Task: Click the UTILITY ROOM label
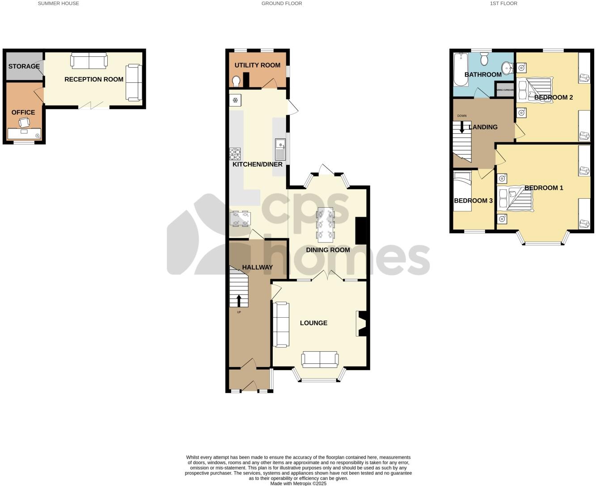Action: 258,65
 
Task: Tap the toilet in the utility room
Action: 237,81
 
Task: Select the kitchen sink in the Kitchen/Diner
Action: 280,149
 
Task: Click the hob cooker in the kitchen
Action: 235,154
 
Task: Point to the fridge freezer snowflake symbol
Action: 235,100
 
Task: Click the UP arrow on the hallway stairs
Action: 239,300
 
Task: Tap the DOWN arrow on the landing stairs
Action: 462,128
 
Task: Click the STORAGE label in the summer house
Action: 24,67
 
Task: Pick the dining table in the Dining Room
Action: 325,223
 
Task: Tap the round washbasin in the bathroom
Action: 507,68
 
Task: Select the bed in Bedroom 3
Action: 462,190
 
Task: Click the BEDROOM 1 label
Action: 544,188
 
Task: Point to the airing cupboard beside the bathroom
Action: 505,90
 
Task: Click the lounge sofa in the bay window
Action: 320,359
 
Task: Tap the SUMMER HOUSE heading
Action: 58,4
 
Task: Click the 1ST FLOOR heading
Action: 503,4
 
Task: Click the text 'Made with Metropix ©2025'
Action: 298,483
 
